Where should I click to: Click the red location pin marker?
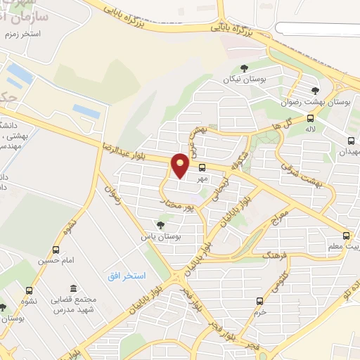[x=181, y=166]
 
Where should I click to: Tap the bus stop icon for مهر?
[x=202, y=167]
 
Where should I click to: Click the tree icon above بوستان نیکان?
[x=243, y=68]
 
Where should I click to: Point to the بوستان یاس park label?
[x=161, y=238]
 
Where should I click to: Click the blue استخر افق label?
[x=127, y=276]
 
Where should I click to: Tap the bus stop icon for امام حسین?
[x=56, y=250]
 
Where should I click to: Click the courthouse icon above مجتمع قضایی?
[x=73, y=289]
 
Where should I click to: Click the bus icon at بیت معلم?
[x=345, y=236]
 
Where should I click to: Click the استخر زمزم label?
[x=22, y=34]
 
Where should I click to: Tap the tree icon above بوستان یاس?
[x=161, y=225]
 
